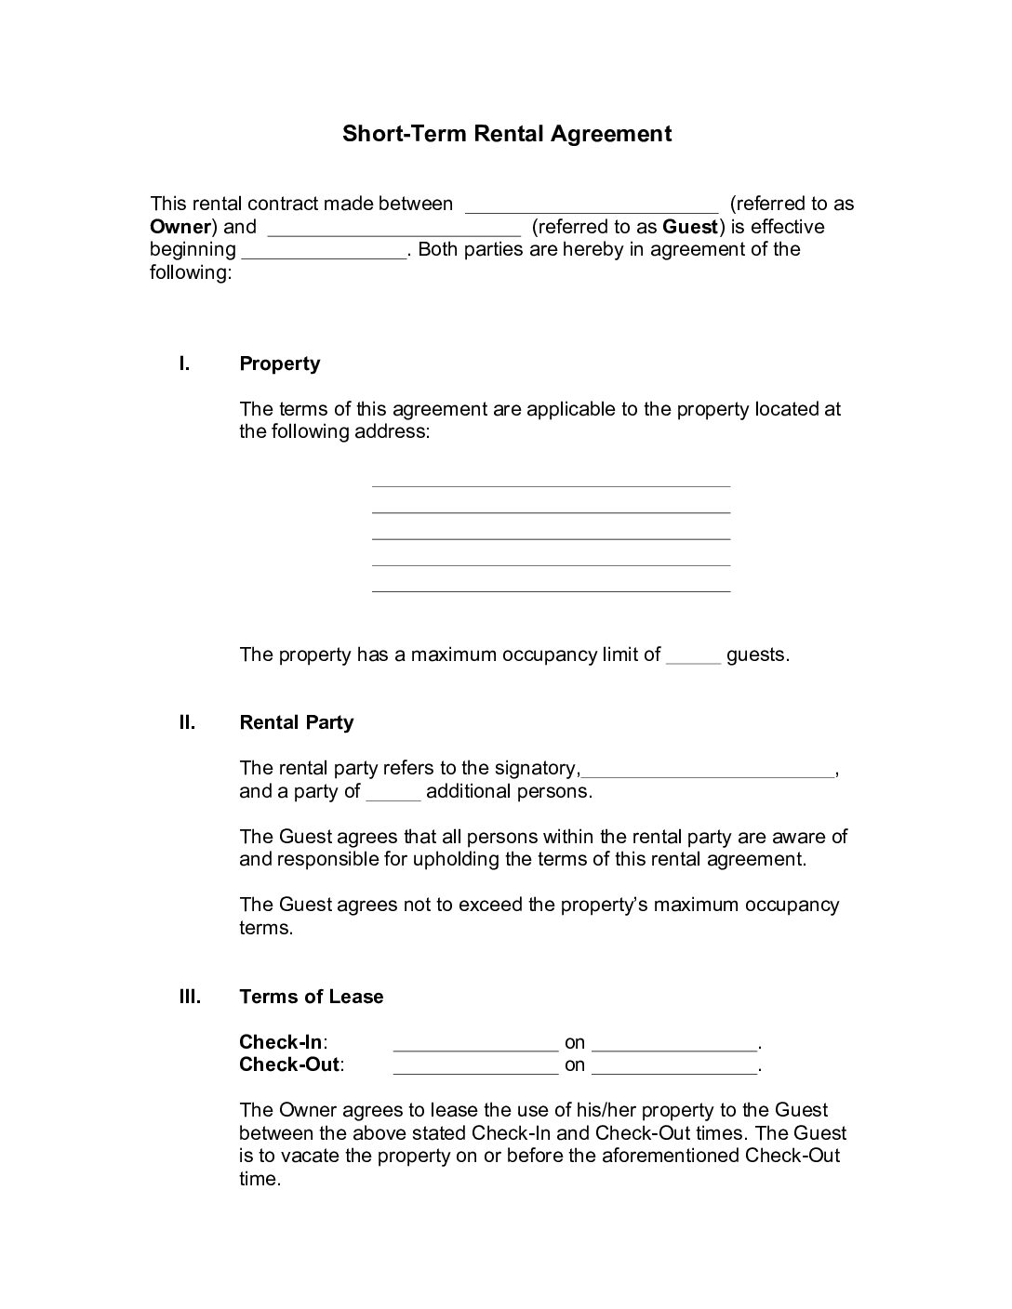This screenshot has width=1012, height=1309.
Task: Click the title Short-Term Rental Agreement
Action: pyautogui.click(x=506, y=133)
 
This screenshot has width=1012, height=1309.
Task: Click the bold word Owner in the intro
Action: pyautogui.click(x=180, y=226)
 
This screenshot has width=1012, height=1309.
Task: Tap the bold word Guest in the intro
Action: pyautogui.click(x=689, y=226)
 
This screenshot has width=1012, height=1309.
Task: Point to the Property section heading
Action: pyautogui.click(x=279, y=364)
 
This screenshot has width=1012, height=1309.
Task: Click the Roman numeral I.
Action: pyautogui.click(x=184, y=364)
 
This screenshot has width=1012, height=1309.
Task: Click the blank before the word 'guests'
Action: pyautogui.click(x=693, y=656)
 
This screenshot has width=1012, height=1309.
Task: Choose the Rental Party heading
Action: pyautogui.click(x=296, y=722)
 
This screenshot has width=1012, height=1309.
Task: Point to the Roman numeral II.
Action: pyautogui.click(x=187, y=722)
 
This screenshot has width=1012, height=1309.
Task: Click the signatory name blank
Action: pyautogui.click(x=708, y=770)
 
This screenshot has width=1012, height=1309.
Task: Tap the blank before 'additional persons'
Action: pyautogui.click(x=393, y=793)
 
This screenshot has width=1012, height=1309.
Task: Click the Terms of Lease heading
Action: pyautogui.click(x=311, y=997)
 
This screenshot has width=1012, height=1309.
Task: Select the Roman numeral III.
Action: pyautogui.click(x=190, y=997)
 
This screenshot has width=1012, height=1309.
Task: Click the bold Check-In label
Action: pyautogui.click(x=282, y=1042)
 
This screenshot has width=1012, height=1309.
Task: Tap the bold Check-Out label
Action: pyautogui.click(x=289, y=1064)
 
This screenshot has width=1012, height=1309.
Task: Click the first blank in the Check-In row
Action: pyautogui.click(x=475, y=1044)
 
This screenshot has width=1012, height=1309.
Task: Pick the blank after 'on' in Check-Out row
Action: pyautogui.click(x=674, y=1067)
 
